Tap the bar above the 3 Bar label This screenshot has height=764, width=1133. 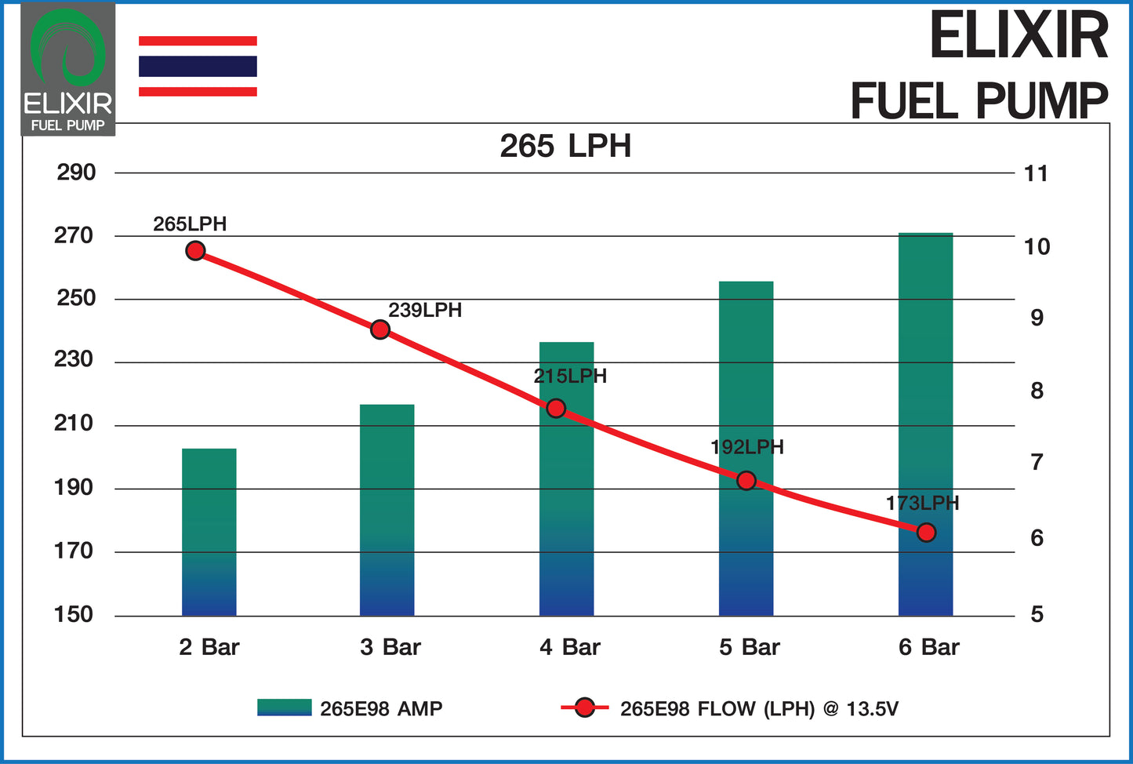387,510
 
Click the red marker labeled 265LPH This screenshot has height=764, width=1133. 195,251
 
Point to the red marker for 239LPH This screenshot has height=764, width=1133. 380,329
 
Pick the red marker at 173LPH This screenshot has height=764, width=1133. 926,533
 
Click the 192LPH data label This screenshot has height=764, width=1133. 746,447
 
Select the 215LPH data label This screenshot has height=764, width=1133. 570,377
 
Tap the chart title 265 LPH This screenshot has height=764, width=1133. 565,147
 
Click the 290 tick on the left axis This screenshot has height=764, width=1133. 76,173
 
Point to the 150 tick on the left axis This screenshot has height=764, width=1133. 74,614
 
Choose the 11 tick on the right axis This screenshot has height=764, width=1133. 1036,173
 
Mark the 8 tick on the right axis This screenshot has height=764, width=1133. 1037,391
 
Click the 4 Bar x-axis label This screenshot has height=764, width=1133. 570,647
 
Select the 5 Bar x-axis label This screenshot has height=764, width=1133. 750,647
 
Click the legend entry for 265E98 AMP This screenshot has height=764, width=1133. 350,708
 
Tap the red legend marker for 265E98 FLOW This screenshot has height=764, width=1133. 584,708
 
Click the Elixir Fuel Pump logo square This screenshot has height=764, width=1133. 68,69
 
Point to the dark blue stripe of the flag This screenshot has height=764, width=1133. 198,66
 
